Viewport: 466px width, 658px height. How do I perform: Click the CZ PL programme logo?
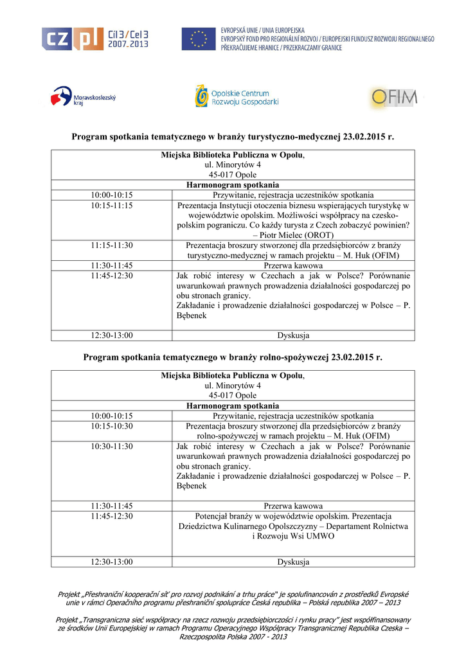[x=95, y=39]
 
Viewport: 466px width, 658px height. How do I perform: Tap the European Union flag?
[x=198, y=39]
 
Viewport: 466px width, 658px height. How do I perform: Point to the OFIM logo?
[x=394, y=98]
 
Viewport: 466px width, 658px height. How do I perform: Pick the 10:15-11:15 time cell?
[x=111, y=206]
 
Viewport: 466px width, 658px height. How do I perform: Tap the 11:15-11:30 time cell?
[x=111, y=245]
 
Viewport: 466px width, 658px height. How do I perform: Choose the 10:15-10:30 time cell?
[x=111, y=426]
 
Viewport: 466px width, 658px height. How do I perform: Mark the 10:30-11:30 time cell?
[x=111, y=446]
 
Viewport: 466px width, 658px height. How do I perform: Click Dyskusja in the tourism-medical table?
[x=293, y=335]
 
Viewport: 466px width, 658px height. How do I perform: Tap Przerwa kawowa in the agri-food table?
[x=293, y=506]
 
